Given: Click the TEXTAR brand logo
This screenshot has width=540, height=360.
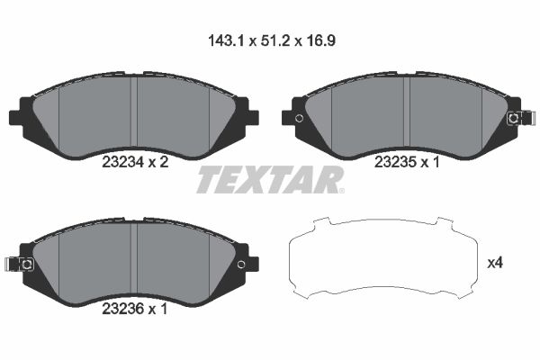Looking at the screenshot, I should click(x=270, y=180).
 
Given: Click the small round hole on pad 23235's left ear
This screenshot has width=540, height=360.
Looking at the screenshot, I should click(x=299, y=118).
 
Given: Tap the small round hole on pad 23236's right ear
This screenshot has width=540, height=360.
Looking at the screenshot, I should click(x=240, y=263).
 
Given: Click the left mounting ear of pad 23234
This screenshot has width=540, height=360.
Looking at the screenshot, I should click(x=19, y=118).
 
